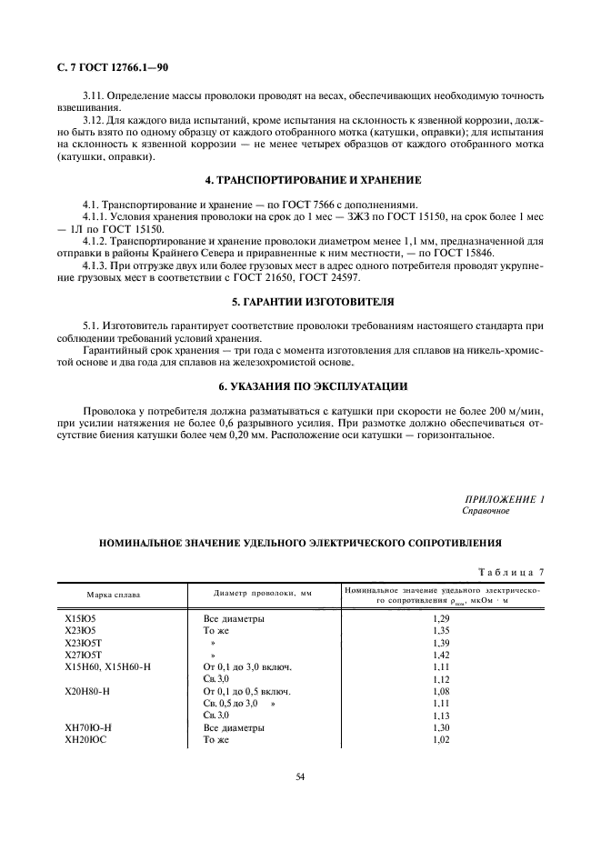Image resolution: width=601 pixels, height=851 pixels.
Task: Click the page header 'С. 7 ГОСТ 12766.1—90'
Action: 112,67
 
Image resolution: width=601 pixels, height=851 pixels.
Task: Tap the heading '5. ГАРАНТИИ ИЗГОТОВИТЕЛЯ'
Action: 300,300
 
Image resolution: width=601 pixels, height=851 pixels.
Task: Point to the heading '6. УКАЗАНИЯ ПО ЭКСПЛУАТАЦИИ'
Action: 300,386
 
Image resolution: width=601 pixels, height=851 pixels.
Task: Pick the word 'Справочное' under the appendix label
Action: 486,510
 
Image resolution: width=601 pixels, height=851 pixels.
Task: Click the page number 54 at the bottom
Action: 300,776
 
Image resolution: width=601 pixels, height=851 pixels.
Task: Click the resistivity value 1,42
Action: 442,654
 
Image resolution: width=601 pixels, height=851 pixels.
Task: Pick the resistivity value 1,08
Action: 442,691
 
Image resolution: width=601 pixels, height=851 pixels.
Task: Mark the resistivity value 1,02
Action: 442,741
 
